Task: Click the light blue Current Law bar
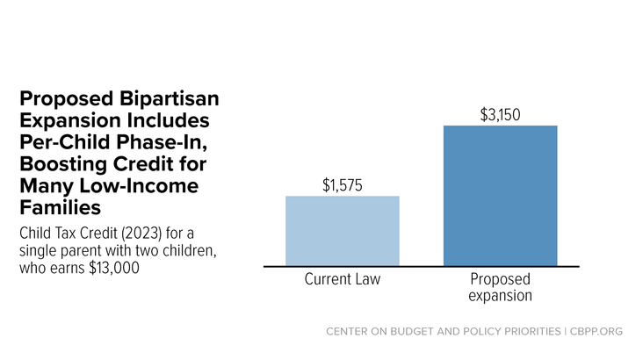click(x=343, y=231)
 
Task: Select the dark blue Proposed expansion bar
click(x=501, y=196)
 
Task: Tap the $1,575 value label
click(x=343, y=185)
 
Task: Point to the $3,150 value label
click(x=501, y=115)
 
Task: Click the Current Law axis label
click(x=343, y=279)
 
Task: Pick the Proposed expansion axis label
click(x=501, y=287)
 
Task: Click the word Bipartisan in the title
click(x=170, y=99)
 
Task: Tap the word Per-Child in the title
click(x=65, y=142)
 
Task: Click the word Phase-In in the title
click(x=161, y=142)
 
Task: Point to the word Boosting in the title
click(x=63, y=164)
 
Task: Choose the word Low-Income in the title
click(x=139, y=186)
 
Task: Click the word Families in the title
click(x=61, y=207)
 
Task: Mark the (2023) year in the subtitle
click(x=141, y=234)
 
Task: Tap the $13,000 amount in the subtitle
click(x=114, y=268)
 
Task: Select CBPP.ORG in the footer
click(x=596, y=331)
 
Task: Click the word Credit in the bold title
click(x=143, y=164)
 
